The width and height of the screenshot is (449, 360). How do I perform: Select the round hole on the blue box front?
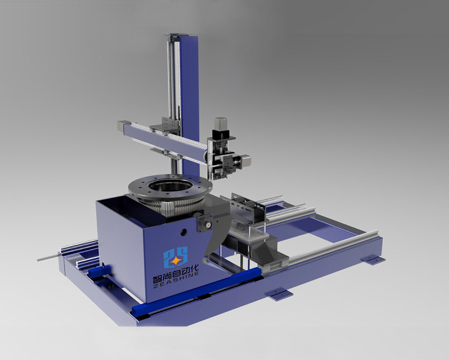pos(184,232)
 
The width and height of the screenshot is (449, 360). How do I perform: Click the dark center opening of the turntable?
pos(171,186)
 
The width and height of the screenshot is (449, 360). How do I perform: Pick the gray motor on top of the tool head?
pos(221,123)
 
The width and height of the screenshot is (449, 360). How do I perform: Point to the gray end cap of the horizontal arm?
pos(124,125)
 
